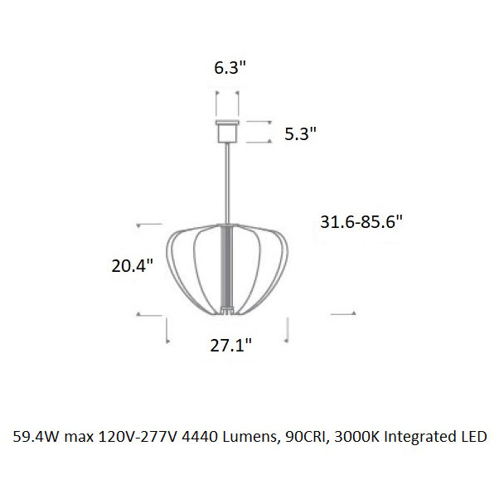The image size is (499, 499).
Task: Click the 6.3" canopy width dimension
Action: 230,67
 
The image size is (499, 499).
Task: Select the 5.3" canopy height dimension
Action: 300,133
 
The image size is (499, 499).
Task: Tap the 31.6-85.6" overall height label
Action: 361,221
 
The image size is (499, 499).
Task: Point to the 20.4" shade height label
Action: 133,266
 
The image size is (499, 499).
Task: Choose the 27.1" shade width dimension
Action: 230,345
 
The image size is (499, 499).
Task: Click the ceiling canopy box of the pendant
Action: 227,132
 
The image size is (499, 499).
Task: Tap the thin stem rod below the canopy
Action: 227,184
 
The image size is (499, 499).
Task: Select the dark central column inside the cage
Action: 227,267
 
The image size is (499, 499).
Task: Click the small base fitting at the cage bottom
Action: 227,310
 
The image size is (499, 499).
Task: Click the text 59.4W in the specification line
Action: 36,437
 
